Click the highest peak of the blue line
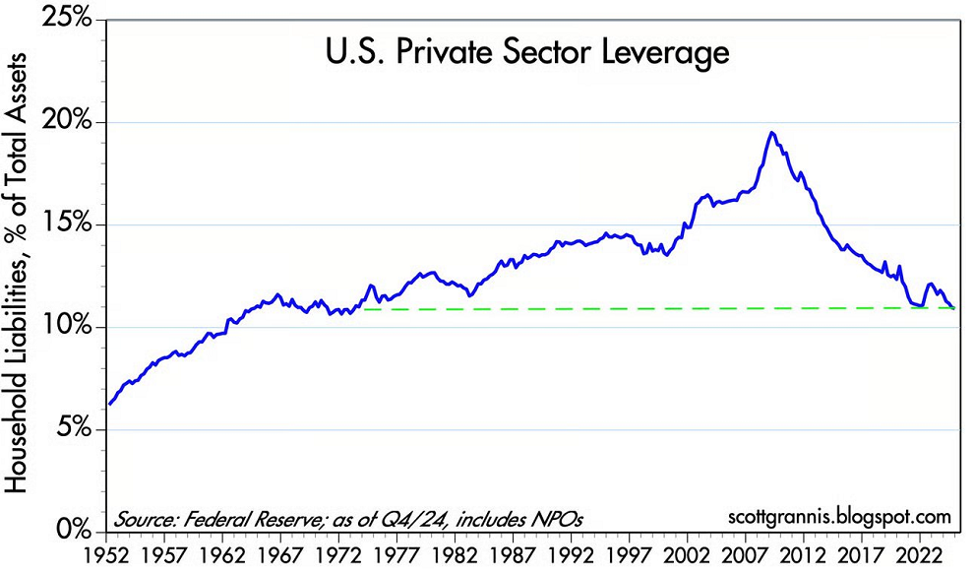pyautogui.click(x=772, y=133)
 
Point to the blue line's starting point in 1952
pyautogui.click(x=110, y=404)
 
